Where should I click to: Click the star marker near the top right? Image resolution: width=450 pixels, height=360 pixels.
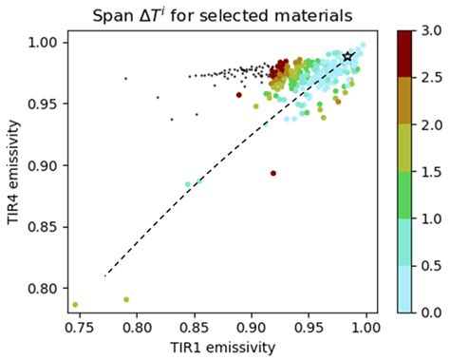[348, 57]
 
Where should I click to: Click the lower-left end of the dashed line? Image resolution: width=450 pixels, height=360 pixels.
[104, 275]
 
